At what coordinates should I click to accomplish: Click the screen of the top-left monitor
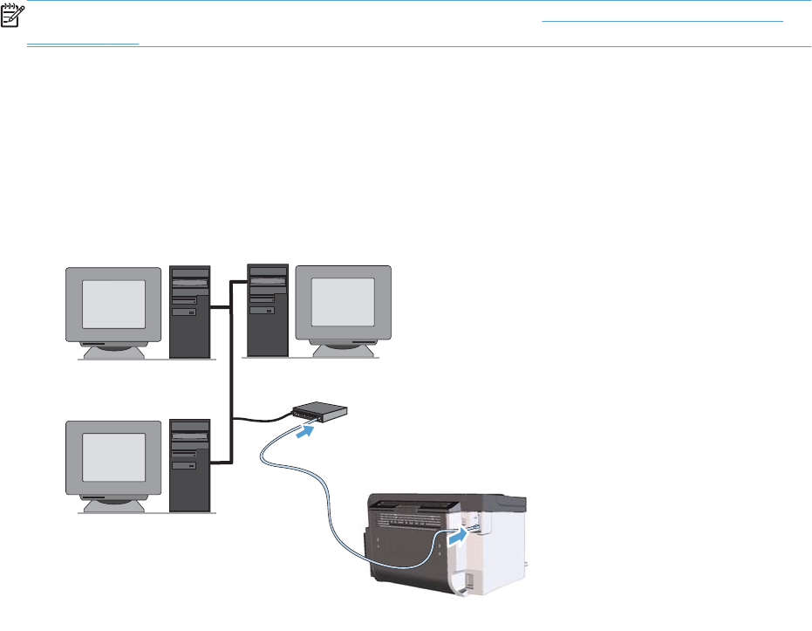[113, 305]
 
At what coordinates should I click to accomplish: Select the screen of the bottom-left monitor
[113, 458]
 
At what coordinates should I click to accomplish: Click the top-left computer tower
[189, 312]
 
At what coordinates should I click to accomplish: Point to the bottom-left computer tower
[189, 465]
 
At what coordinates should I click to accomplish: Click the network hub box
[318, 411]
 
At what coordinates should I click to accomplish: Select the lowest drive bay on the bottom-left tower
[185, 466]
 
